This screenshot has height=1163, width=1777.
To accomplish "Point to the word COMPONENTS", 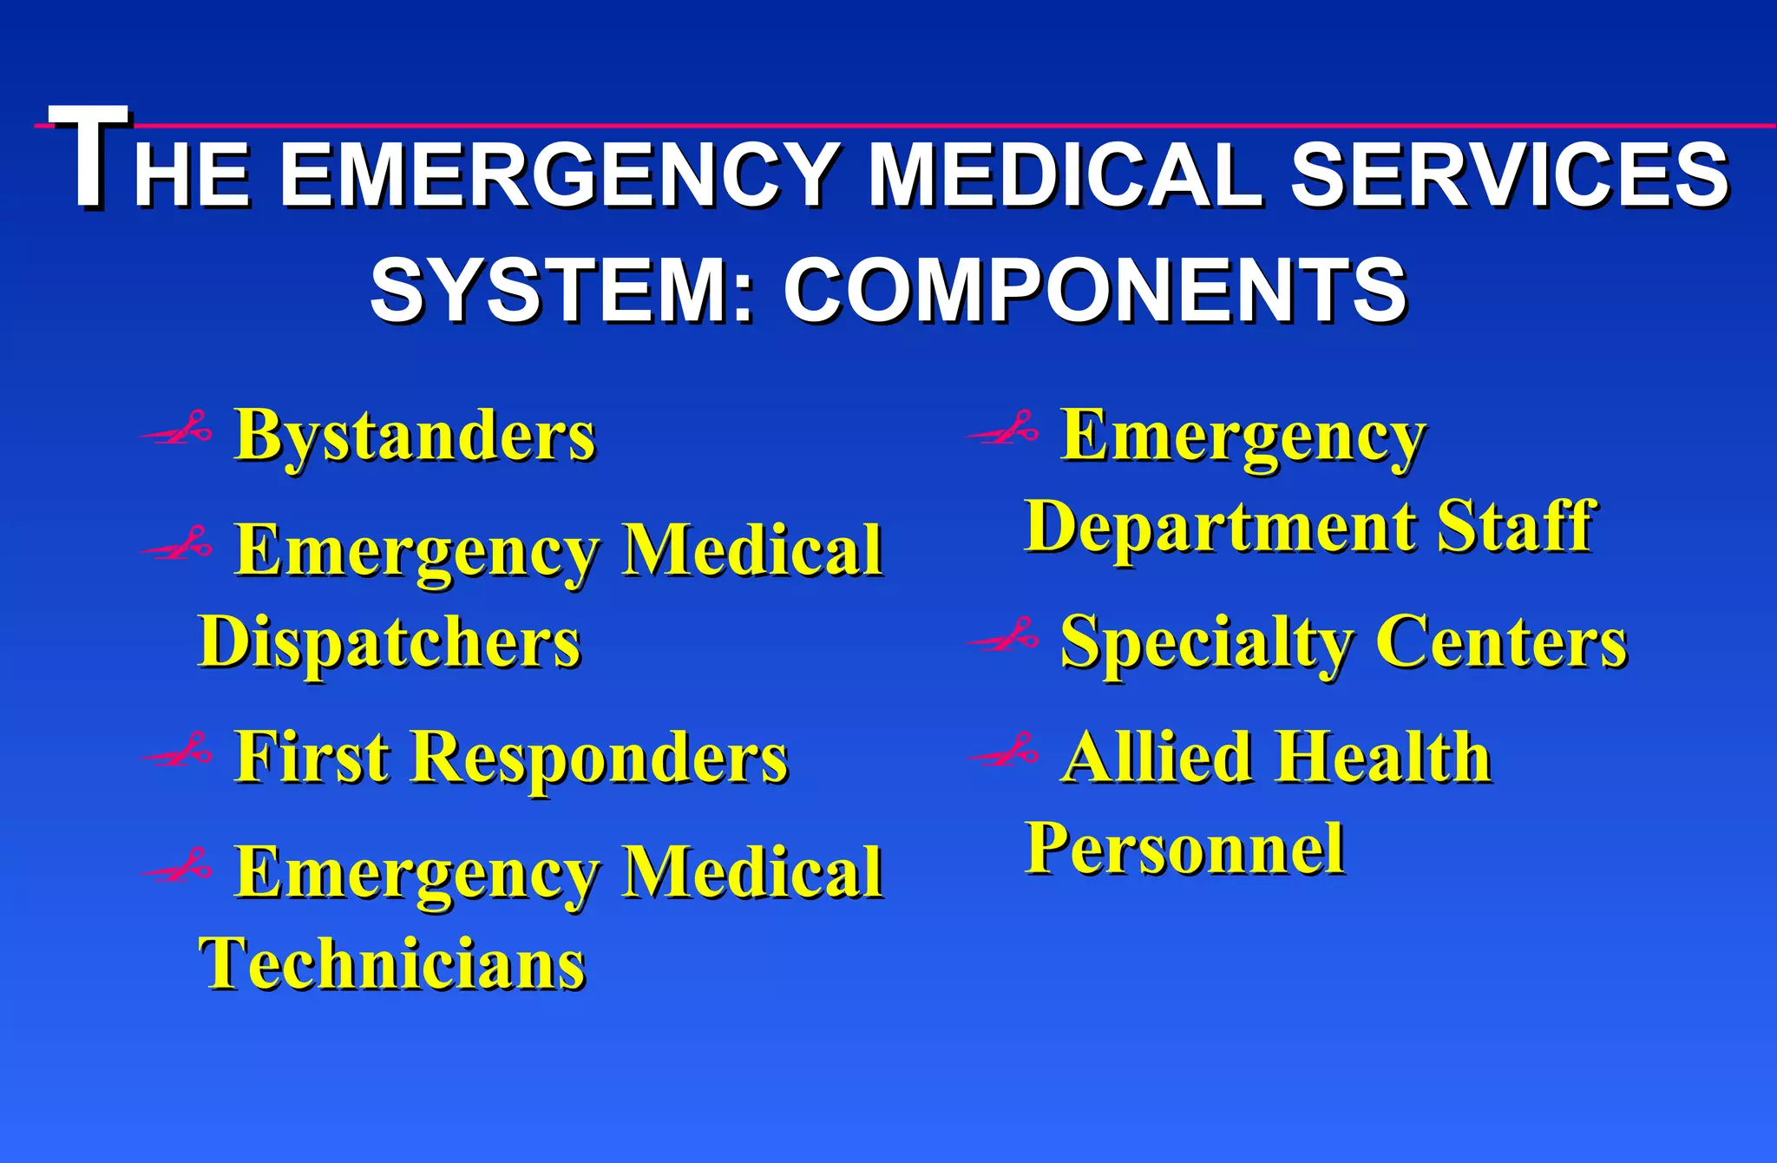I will point(1095,290).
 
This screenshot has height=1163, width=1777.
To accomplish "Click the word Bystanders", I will point(415,436).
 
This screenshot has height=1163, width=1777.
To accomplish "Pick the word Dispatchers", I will point(390,643).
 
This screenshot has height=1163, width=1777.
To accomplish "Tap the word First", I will point(312,757).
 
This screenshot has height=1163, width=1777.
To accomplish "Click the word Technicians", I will point(392,964).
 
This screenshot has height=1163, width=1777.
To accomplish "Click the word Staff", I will point(1515,526).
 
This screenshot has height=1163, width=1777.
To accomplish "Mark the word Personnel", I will point(1184,848).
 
